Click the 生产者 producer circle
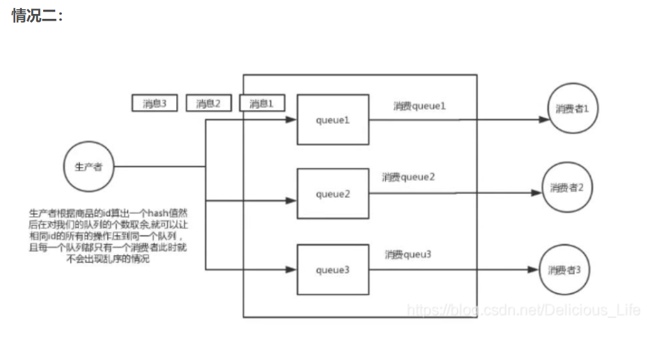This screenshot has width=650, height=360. point(89,167)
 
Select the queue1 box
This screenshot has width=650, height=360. point(333,120)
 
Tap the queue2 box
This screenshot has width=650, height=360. point(333,194)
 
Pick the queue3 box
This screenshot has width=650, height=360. point(333,270)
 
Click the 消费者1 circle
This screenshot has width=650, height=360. point(572,109)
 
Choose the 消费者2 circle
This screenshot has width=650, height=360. point(567,188)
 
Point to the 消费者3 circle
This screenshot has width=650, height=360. point(564,269)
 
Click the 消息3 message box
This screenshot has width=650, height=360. point(154,104)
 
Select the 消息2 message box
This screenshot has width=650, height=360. point(208,104)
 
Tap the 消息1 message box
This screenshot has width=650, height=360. point(261,104)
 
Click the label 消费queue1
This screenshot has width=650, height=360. point(419,106)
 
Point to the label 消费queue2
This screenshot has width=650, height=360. point(408,177)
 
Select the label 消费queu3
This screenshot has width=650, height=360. point(407,254)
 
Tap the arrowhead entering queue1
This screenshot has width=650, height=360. point(292,120)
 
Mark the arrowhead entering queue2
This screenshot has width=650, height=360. point(292,199)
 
